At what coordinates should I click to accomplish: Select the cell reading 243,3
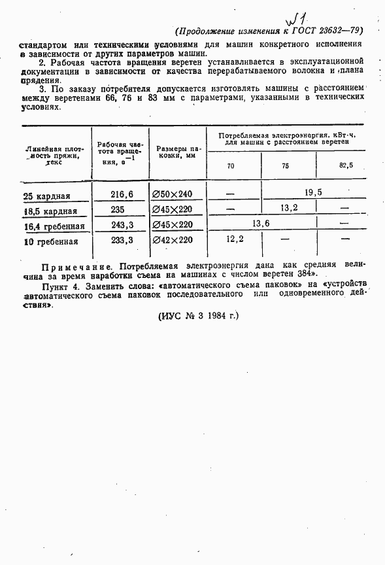122,224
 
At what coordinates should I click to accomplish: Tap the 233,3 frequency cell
122,240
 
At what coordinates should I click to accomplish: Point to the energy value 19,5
313,192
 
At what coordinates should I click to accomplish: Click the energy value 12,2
235,239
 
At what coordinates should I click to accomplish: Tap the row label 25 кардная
46,196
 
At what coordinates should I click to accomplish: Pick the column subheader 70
231,166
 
